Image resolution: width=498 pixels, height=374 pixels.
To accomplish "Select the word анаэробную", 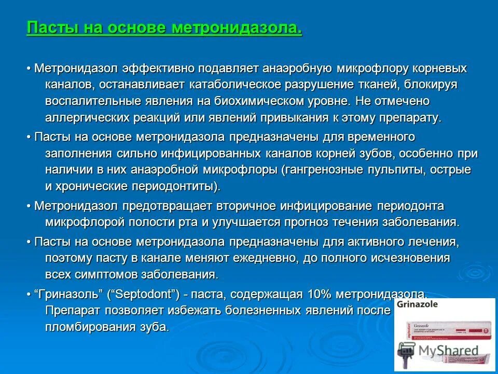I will [x=293, y=69].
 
